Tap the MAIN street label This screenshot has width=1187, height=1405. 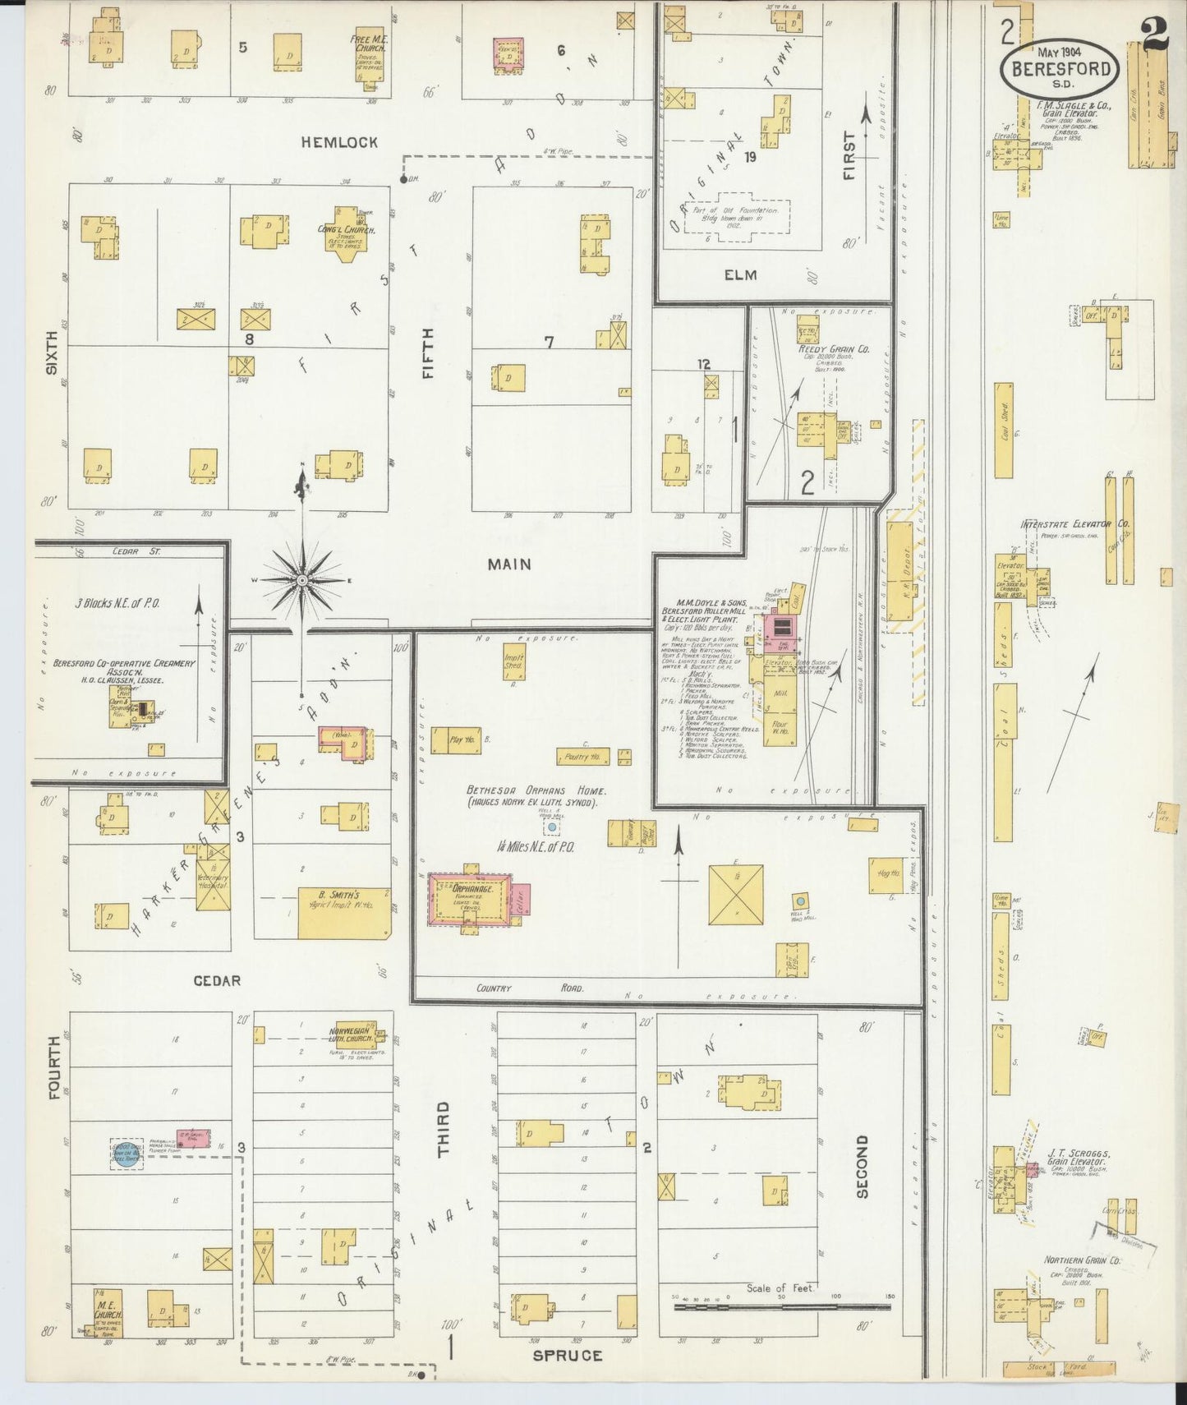[x=509, y=564]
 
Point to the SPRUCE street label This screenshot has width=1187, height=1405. [x=568, y=1355]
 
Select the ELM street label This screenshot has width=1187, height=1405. [x=740, y=275]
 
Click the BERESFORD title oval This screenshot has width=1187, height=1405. [x=1060, y=69]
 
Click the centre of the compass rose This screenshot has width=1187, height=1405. [x=302, y=580]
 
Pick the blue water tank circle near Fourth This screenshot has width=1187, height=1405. [x=127, y=1154]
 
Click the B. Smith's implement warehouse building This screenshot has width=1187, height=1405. [x=343, y=912]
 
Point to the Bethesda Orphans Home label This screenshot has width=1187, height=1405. [x=536, y=790]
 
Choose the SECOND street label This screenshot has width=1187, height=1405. [x=862, y=1167]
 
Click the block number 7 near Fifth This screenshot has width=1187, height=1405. [x=548, y=342]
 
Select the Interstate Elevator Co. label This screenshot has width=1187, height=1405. [x=1074, y=523]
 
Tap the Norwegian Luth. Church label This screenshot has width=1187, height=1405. [x=352, y=1035]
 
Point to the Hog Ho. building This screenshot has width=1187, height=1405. [x=885, y=875]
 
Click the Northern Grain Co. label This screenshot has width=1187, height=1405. [x=1082, y=1260]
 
